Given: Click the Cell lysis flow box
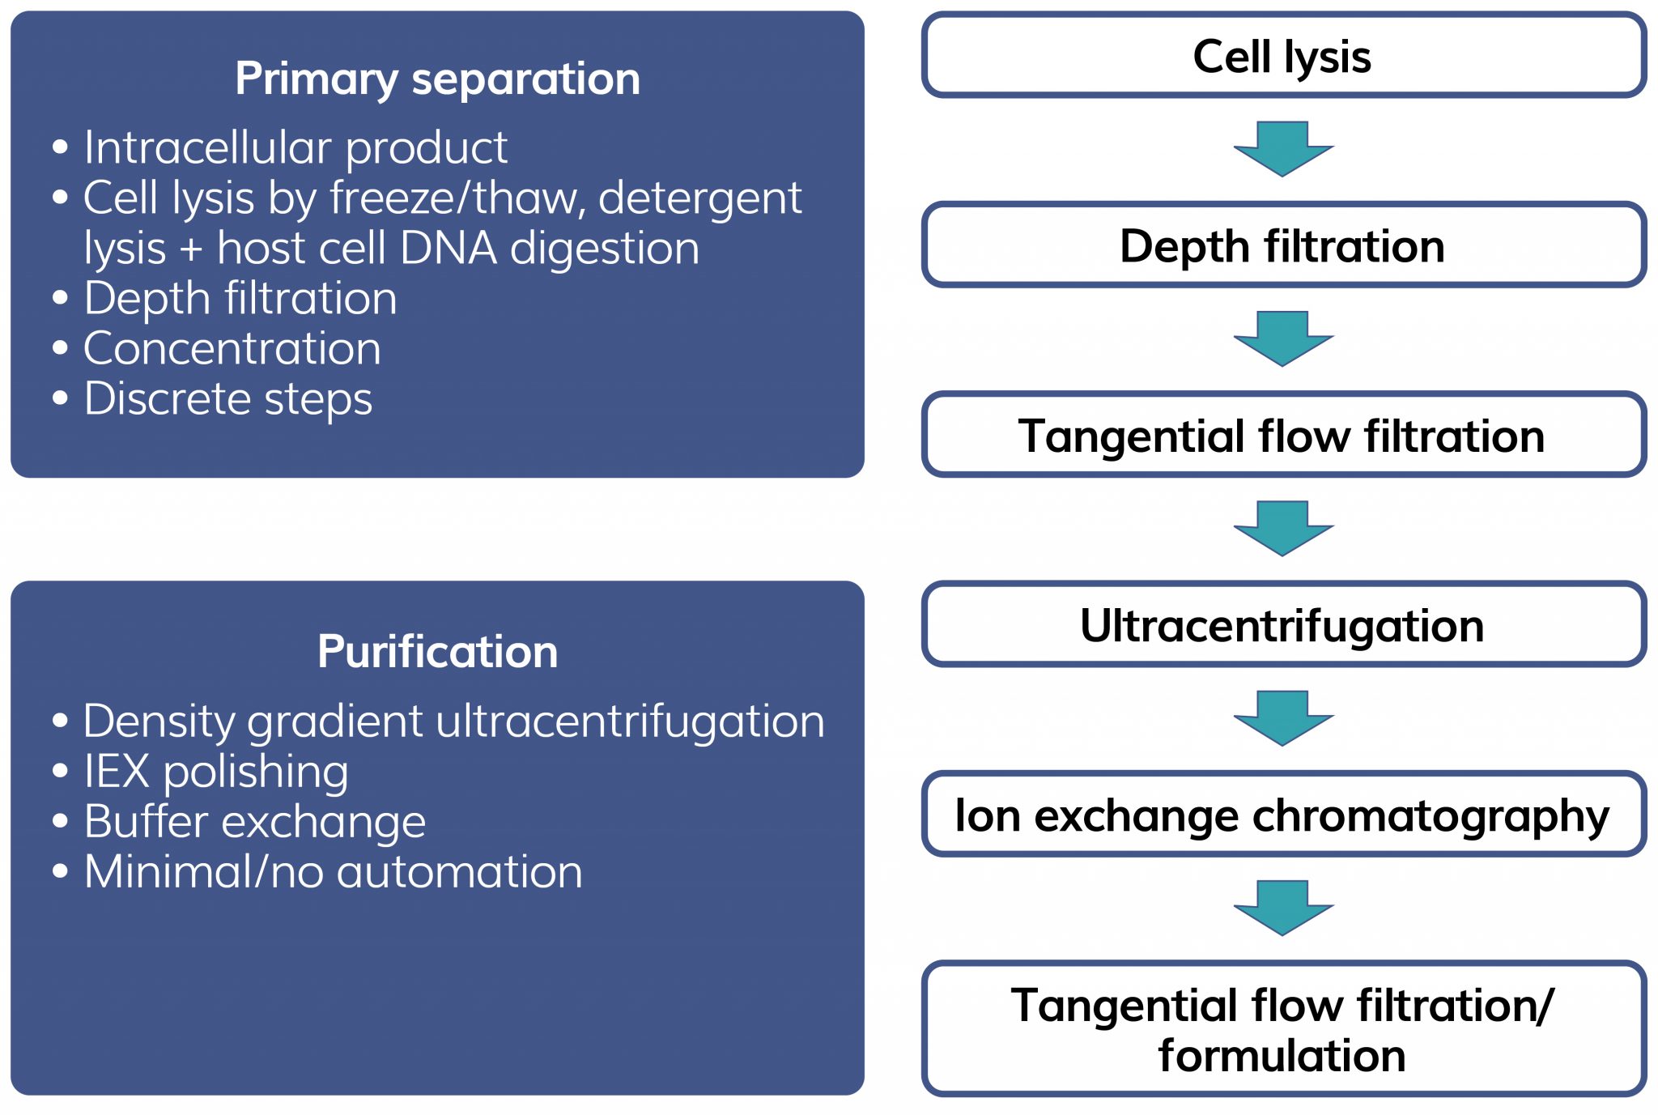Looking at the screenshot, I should click(x=1283, y=56).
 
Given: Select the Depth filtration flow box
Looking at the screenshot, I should click(x=1283, y=245).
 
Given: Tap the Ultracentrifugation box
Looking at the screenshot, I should click(x=1283, y=625).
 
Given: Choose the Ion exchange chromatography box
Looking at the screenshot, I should click(x=1283, y=815).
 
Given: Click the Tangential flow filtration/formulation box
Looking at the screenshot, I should click(x=1283, y=1029).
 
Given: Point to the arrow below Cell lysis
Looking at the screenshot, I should click(x=1283, y=149).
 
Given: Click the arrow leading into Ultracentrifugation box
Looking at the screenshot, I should click(x=1283, y=529).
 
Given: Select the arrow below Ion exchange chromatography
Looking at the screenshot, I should click(x=1283, y=908).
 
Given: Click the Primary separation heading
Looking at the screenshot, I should click(x=437, y=79).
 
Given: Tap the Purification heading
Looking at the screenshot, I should click(x=437, y=652).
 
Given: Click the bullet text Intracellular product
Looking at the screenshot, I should click(x=295, y=148).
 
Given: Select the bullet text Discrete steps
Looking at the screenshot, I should click(x=227, y=399).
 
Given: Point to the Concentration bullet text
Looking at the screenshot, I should click(x=232, y=349).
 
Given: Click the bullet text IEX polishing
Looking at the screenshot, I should click(x=216, y=772).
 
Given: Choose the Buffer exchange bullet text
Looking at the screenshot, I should click(x=255, y=822).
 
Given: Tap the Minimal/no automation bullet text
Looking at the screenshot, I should click(x=333, y=872).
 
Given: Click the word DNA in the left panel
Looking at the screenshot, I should click(x=448, y=249).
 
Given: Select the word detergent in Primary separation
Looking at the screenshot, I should click(x=699, y=198).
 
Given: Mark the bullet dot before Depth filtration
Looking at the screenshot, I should click(x=60, y=298).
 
